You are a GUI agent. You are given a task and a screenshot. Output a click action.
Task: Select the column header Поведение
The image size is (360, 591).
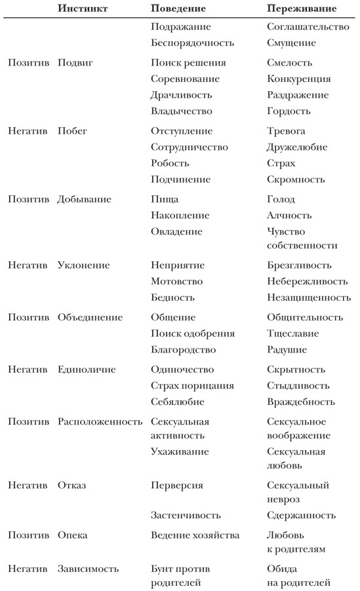[x=178, y=9]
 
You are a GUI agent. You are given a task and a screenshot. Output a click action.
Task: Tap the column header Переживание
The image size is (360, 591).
[x=302, y=9]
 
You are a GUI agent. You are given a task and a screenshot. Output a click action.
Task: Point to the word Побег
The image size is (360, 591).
[x=72, y=131]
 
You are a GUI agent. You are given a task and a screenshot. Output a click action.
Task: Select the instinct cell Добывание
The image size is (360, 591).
[x=84, y=199]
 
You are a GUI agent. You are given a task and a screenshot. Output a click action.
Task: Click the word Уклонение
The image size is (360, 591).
[x=83, y=265]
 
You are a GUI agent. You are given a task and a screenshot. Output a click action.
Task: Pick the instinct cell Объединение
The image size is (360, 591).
[x=90, y=317]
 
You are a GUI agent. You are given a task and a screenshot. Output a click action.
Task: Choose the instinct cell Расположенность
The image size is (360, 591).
[x=100, y=421]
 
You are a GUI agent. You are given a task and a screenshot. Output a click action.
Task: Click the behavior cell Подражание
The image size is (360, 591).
[x=181, y=27]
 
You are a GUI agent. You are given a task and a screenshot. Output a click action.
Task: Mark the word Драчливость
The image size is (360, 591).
[x=182, y=95]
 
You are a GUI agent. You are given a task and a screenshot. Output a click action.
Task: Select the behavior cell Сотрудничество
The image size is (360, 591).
[x=190, y=147]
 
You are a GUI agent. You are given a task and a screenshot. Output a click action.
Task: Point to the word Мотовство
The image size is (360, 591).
[x=177, y=281]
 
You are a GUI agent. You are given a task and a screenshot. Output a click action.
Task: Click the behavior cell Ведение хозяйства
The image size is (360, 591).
[x=195, y=535]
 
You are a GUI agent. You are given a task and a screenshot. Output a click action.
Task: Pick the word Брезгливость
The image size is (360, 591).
[x=300, y=265]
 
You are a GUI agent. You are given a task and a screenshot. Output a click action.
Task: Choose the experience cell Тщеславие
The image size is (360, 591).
[x=293, y=334]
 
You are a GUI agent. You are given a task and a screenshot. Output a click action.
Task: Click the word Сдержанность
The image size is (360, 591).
[x=302, y=515]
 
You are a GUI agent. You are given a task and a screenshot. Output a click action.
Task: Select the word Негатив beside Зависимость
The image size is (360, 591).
[x=28, y=569]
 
